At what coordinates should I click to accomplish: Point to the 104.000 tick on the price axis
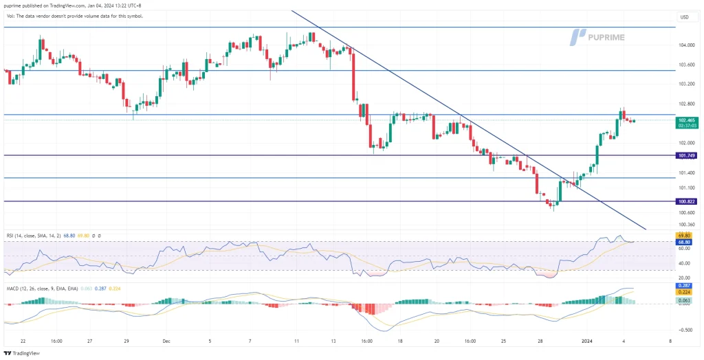pos(685,45)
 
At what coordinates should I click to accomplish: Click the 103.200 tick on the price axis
pos(685,84)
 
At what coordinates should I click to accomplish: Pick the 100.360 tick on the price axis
pos(685,224)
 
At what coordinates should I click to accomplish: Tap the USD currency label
pos(685,17)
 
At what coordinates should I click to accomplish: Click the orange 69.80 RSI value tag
pos(685,236)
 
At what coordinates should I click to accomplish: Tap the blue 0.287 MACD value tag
pos(685,284)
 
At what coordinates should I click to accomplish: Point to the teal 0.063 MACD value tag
pos(685,300)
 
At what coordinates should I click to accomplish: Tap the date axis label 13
pos(333,340)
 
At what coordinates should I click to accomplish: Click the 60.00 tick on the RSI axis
pos(685,249)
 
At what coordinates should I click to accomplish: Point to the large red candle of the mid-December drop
pos(354,75)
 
